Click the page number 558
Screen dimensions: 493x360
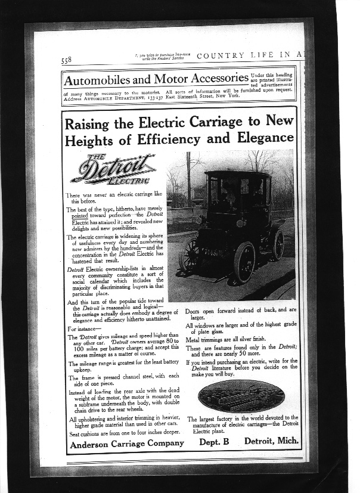click(66, 60)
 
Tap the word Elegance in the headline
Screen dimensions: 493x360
click(263, 139)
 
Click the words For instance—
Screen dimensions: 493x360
click(85, 328)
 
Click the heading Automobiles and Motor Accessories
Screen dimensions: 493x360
click(156, 79)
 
